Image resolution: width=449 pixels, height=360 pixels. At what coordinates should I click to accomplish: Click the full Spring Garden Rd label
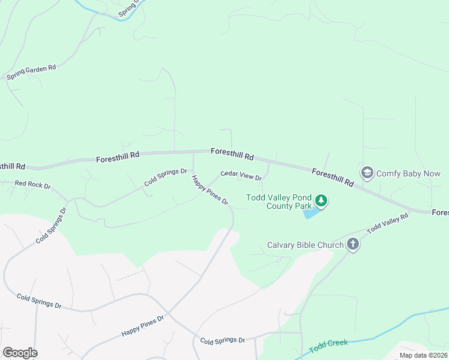point(31,73)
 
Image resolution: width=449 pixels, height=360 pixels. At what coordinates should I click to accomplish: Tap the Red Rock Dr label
point(32,184)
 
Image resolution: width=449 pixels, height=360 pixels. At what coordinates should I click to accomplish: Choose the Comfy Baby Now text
point(408,173)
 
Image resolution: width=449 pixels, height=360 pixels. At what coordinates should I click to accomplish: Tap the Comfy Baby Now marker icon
point(366,173)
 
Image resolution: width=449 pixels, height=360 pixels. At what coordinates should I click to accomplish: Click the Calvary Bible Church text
point(305,245)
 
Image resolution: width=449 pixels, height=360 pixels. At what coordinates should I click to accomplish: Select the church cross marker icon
point(352,244)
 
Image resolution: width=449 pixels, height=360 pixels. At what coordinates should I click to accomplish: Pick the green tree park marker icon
point(321,200)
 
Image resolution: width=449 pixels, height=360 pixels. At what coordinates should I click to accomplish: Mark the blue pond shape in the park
point(311,212)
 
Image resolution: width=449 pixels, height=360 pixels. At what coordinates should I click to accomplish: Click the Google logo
point(20,353)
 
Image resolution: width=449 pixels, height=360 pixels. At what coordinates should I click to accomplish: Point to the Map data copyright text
point(424,355)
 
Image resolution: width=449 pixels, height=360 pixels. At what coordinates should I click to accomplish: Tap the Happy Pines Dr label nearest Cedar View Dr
point(211,190)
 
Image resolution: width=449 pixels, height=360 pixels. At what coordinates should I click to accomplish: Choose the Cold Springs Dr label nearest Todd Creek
point(222,340)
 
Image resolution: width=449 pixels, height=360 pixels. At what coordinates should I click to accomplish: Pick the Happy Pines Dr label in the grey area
point(142,326)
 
